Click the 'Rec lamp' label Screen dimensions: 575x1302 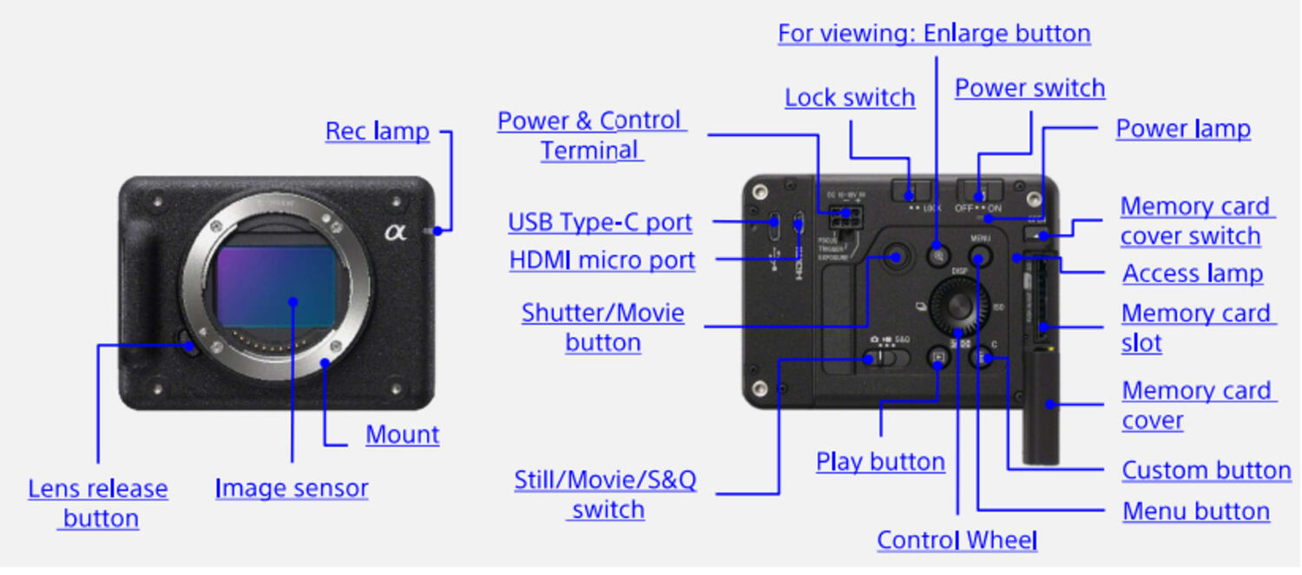point(377,131)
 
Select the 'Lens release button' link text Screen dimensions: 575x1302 point(98,503)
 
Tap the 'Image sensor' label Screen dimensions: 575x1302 point(292,488)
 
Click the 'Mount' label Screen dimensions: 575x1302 point(402,434)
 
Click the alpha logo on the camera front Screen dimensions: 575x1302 point(396,231)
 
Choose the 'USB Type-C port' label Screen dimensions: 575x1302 point(600,222)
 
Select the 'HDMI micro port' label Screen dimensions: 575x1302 point(602,260)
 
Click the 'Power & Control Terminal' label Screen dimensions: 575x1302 point(592,135)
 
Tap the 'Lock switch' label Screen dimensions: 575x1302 point(850,97)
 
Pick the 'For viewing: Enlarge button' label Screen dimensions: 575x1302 point(934,33)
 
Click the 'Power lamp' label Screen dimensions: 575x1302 point(1183,129)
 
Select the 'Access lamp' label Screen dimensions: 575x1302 point(1192,274)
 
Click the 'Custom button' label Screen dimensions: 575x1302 point(1206,470)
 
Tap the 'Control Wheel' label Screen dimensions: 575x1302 point(957,539)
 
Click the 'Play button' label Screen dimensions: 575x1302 point(880,461)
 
